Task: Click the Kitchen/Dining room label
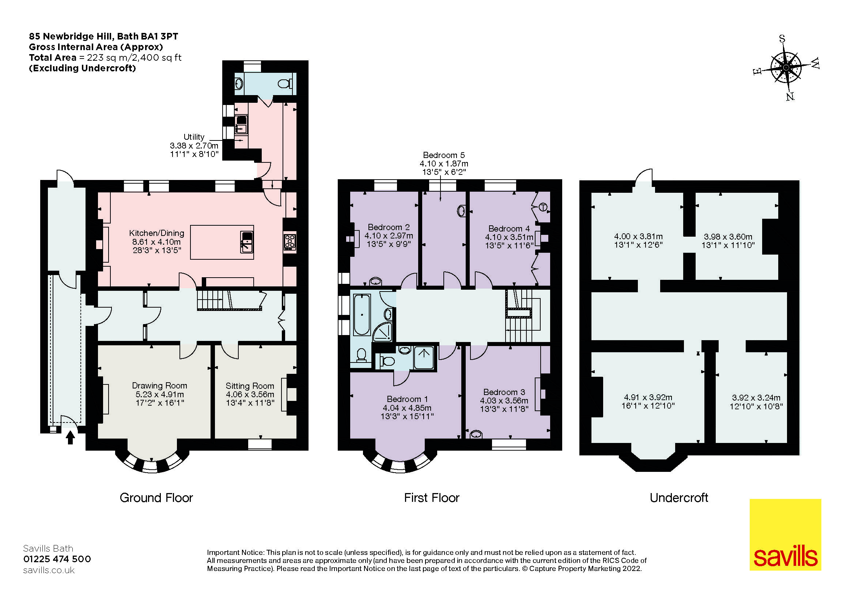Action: click(x=156, y=233)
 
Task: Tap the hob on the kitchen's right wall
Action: click(x=290, y=242)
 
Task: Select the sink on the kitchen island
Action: click(x=246, y=242)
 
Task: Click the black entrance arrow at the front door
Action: click(x=70, y=437)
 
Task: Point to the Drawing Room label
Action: click(x=159, y=386)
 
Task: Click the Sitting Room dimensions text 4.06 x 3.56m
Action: click(x=250, y=395)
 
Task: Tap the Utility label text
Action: click(x=194, y=137)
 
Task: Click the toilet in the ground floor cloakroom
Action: click(x=285, y=84)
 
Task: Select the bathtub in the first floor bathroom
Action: click(x=362, y=315)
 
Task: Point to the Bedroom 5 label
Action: click(x=443, y=155)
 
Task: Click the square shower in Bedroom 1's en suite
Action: click(x=424, y=358)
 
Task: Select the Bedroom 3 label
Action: click(x=504, y=392)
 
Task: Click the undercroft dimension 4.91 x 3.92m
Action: click(x=648, y=397)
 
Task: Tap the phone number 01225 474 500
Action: click(x=57, y=559)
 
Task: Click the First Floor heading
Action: click(x=432, y=498)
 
